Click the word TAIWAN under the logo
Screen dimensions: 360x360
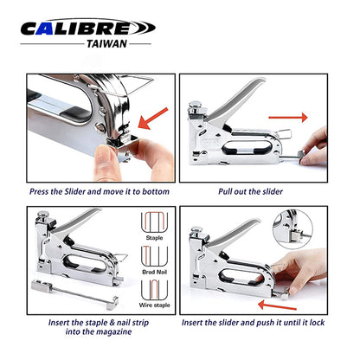tap(106, 44)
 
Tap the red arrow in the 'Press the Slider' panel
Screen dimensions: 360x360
tap(153, 118)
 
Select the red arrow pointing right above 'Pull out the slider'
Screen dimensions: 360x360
tap(288, 118)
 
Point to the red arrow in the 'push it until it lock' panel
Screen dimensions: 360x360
tap(277, 305)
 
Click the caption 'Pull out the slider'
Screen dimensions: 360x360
tap(250, 191)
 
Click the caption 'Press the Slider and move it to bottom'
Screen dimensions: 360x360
tap(100, 191)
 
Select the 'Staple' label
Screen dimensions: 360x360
tap(154, 238)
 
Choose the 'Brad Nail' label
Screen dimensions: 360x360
tap(154, 272)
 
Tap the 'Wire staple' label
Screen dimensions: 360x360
tap(154, 305)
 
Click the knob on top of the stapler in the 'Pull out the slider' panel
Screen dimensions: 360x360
tap(196, 105)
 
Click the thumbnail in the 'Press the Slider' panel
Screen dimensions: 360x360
tap(103, 151)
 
